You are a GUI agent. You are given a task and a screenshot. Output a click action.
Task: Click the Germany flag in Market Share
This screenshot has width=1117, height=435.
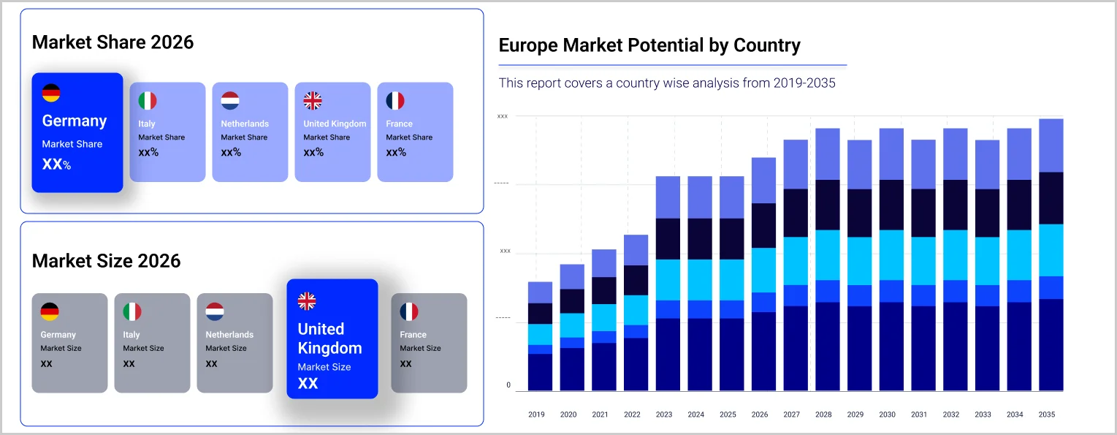[51, 93]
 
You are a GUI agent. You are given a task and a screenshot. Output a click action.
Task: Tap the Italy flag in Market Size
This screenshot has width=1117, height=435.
[131, 312]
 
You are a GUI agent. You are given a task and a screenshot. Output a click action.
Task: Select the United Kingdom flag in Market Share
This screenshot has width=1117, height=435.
[313, 101]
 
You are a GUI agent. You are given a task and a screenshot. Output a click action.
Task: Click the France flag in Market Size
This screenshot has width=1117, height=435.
[409, 312]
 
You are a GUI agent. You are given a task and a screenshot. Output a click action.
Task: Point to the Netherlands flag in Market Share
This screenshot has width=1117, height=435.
[230, 101]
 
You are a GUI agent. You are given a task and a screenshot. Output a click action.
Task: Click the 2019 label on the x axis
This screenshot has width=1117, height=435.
[536, 415]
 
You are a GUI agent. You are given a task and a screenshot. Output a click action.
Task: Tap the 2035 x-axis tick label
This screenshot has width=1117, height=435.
[1047, 415]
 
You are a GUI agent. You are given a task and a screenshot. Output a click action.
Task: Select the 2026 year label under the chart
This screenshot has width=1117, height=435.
[760, 415]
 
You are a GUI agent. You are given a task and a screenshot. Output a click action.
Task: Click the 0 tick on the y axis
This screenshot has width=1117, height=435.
[508, 385]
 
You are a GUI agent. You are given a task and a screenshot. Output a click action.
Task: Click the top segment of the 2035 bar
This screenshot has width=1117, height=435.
[1051, 145]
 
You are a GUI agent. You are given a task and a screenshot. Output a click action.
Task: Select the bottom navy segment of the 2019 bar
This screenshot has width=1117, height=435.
[540, 372]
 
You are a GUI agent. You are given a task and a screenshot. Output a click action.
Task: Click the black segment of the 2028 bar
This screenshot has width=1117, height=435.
[827, 205]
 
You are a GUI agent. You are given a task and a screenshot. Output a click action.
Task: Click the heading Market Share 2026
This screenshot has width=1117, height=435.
[113, 42]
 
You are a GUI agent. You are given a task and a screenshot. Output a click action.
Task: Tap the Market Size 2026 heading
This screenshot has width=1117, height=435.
[106, 261]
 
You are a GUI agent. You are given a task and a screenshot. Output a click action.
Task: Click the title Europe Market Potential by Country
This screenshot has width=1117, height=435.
[649, 45]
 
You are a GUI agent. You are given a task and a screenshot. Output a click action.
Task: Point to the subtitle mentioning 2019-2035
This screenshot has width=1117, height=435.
[667, 83]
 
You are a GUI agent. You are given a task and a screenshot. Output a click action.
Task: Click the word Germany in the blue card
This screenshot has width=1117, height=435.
[75, 121]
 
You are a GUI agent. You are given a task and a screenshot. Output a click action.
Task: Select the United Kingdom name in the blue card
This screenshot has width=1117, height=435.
[329, 338]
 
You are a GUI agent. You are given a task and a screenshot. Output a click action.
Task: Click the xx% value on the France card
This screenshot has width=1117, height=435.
[396, 153]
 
